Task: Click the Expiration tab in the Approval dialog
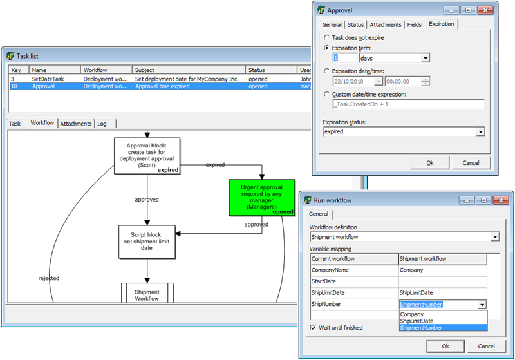pyautogui.click(x=441, y=24)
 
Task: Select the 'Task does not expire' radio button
pyautogui.click(x=326, y=38)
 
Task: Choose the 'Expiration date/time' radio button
pyautogui.click(x=326, y=71)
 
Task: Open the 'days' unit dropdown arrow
pyautogui.click(x=425, y=58)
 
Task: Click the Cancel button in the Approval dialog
pyautogui.click(x=471, y=163)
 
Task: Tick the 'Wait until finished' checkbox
pyautogui.click(x=313, y=328)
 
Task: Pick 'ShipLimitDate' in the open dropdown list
pyautogui.click(x=417, y=321)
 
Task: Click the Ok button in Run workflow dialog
pyautogui.click(x=445, y=346)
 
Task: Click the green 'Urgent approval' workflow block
pyautogui.click(x=262, y=197)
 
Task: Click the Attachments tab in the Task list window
pyautogui.click(x=76, y=124)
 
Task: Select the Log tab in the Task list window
pyautogui.click(x=102, y=124)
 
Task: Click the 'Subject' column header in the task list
pyautogui.click(x=189, y=70)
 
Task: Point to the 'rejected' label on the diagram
pyautogui.click(x=48, y=278)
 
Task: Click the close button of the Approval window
pyautogui.click(x=484, y=10)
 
